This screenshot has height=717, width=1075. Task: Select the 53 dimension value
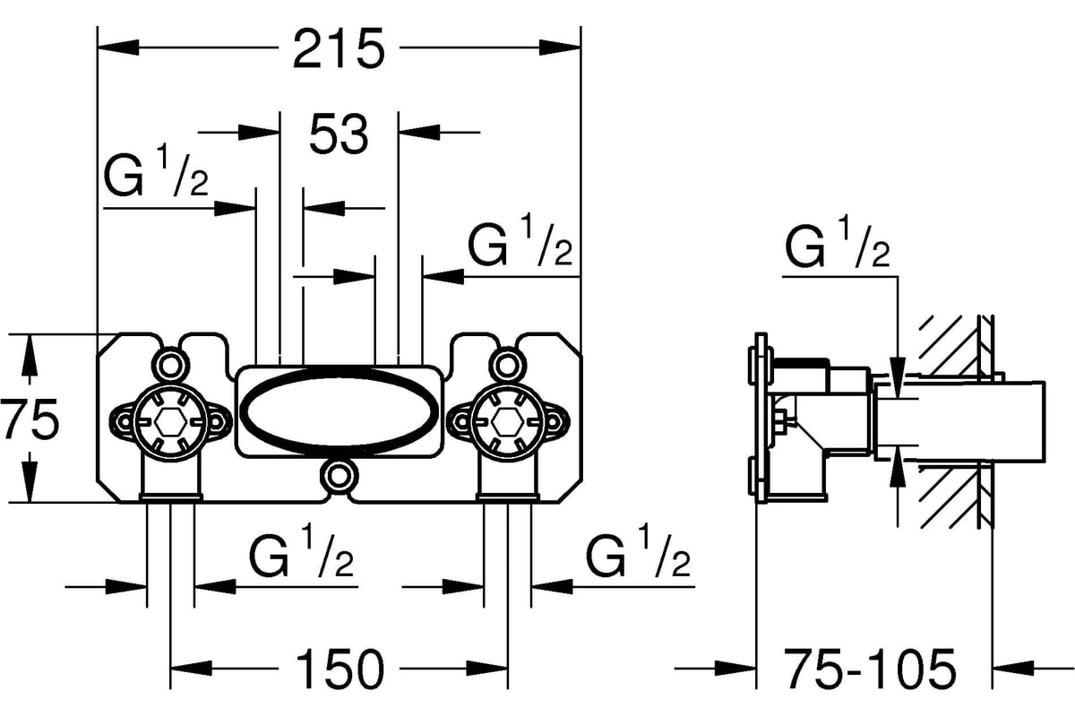[339, 134]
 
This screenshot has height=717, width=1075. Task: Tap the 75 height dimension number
[30, 419]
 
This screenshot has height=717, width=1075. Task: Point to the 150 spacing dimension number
[339, 668]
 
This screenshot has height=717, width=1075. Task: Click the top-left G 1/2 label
[157, 175]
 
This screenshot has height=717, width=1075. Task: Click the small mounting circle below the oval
[340, 474]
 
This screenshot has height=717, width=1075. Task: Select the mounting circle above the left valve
[170, 363]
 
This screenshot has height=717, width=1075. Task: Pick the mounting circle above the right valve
[508, 363]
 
